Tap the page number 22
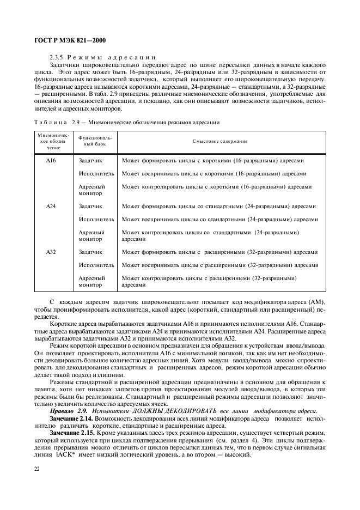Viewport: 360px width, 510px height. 36,469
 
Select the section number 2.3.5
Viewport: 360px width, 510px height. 58,57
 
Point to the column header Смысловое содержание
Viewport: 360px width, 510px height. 220,141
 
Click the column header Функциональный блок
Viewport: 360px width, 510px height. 96,141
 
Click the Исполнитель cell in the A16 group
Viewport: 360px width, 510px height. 96,174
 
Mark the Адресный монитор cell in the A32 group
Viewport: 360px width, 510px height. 91,281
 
